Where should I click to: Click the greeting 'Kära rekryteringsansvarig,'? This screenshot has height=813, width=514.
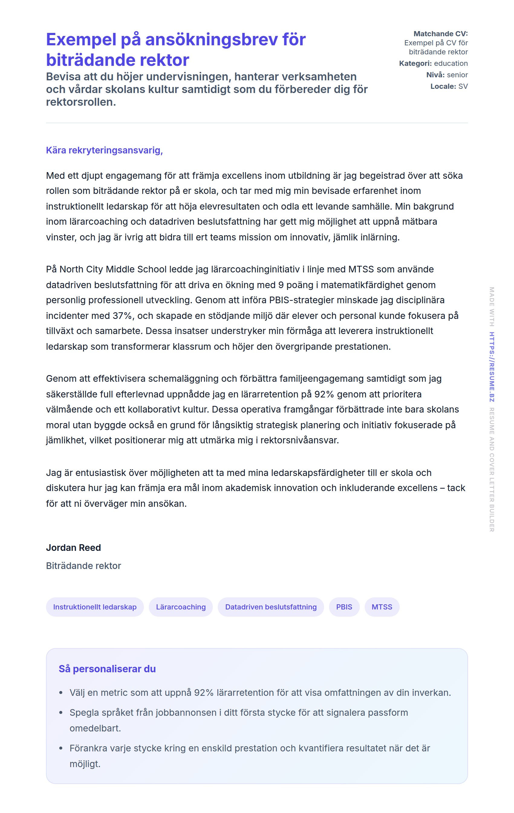[104, 150]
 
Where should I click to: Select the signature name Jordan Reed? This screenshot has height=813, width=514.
[73, 547]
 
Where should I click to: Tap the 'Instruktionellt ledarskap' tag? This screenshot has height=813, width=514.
[95, 607]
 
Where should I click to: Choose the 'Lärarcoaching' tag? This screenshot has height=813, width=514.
[181, 607]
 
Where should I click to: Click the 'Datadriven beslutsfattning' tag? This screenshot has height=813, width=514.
[271, 607]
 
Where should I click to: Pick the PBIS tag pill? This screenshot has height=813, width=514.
[344, 607]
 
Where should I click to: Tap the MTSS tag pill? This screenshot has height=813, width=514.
[382, 607]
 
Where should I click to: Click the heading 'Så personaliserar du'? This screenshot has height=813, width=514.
[107, 669]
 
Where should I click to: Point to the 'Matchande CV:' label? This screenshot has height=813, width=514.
[440, 34]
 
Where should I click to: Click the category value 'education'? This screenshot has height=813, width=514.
[451, 63]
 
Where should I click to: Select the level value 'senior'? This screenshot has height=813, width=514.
[457, 75]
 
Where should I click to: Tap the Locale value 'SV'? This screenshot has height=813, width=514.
[463, 86]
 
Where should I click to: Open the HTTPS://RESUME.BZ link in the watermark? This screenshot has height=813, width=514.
[492, 367]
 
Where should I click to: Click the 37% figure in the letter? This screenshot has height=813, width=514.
[123, 316]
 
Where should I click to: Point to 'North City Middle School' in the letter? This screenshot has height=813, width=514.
[113, 269]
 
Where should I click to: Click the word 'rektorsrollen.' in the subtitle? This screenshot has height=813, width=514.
[81, 102]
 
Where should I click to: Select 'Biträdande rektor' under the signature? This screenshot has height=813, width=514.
[83, 566]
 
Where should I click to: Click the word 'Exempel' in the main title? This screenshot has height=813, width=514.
[81, 40]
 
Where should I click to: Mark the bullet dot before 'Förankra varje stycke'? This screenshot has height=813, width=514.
[61, 748]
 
